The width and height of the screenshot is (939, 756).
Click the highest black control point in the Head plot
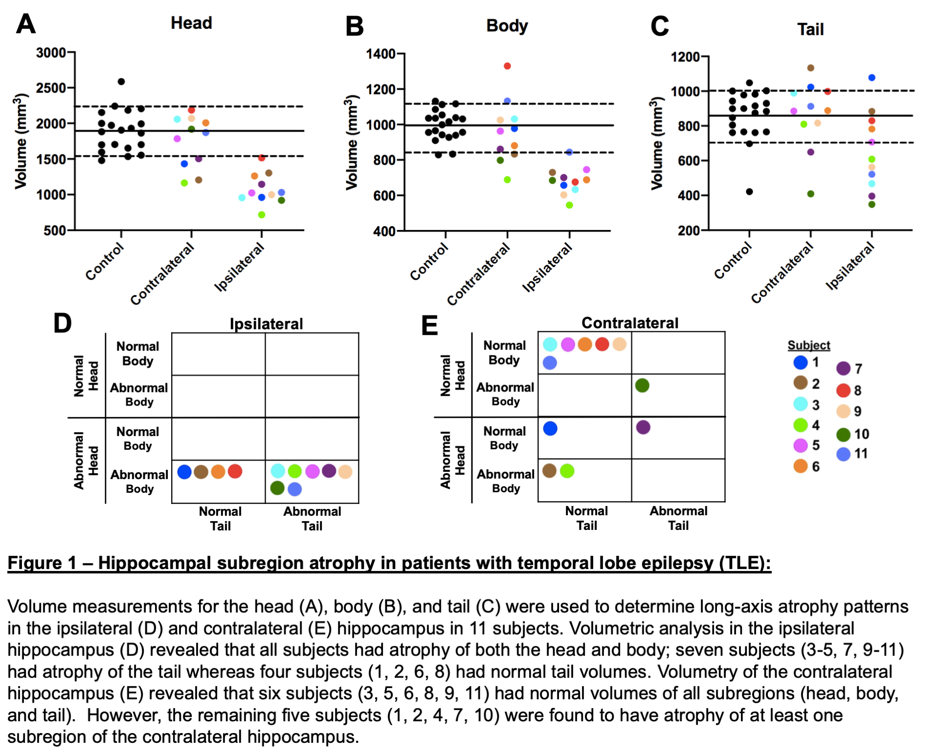click(x=121, y=82)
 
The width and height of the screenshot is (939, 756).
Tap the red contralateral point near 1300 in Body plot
click(x=507, y=66)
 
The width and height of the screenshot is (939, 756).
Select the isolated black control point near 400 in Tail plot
click(x=749, y=192)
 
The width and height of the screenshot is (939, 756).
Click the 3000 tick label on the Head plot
click(x=51, y=53)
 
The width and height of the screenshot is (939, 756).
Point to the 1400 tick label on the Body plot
click(x=380, y=54)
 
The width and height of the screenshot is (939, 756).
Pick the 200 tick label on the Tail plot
click(x=689, y=230)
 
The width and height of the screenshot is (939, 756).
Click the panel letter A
click(x=26, y=23)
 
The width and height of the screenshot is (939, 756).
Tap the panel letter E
click(x=429, y=325)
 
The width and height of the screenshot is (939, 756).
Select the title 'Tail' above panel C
click(x=810, y=29)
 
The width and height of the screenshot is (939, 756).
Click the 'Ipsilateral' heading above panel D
click(x=266, y=324)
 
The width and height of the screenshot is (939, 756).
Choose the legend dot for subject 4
click(x=801, y=425)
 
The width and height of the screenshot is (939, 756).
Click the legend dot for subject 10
click(x=844, y=434)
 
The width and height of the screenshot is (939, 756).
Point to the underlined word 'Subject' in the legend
click(x=808, y=345)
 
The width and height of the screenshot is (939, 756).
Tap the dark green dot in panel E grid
click(x=642, y=386)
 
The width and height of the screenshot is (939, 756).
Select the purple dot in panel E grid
click(x=643, y=427)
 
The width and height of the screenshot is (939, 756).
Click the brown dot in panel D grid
click(x=201, y=472)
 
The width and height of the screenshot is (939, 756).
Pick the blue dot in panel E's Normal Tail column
click(x=550, y=429)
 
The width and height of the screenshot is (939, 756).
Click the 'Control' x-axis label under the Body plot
click(x=429, y=262)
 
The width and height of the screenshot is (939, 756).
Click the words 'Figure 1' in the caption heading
click(x=42, y=563)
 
